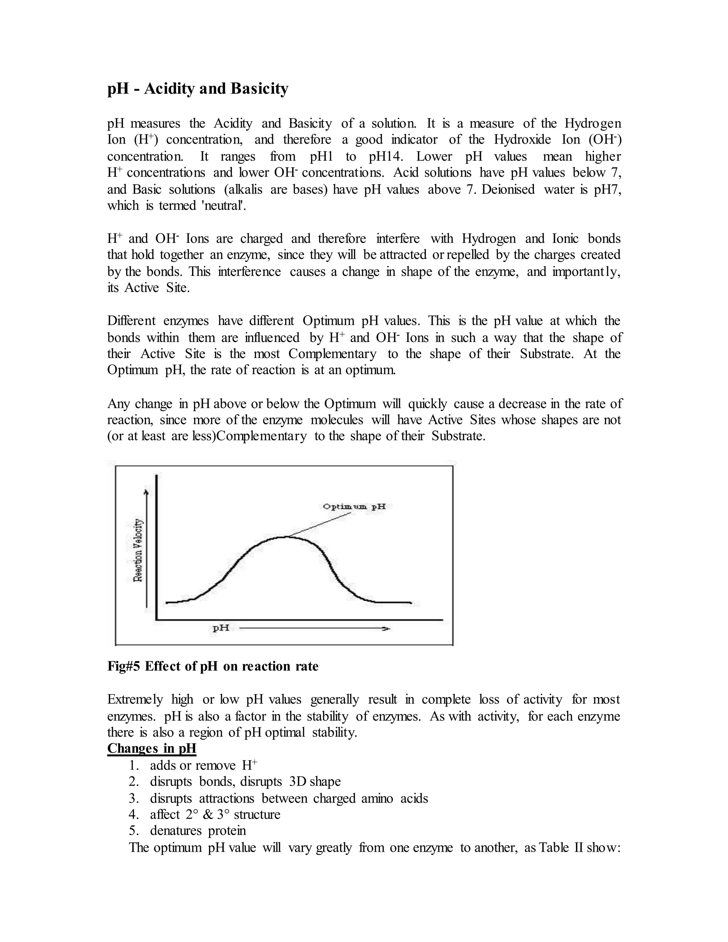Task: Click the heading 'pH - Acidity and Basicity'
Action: coord(198,89)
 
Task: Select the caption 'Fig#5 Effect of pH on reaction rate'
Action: coord(213,667)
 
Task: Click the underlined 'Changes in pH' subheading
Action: coord(151,748)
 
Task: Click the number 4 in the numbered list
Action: coord(133,814)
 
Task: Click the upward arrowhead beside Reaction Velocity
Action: coord(148,492)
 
